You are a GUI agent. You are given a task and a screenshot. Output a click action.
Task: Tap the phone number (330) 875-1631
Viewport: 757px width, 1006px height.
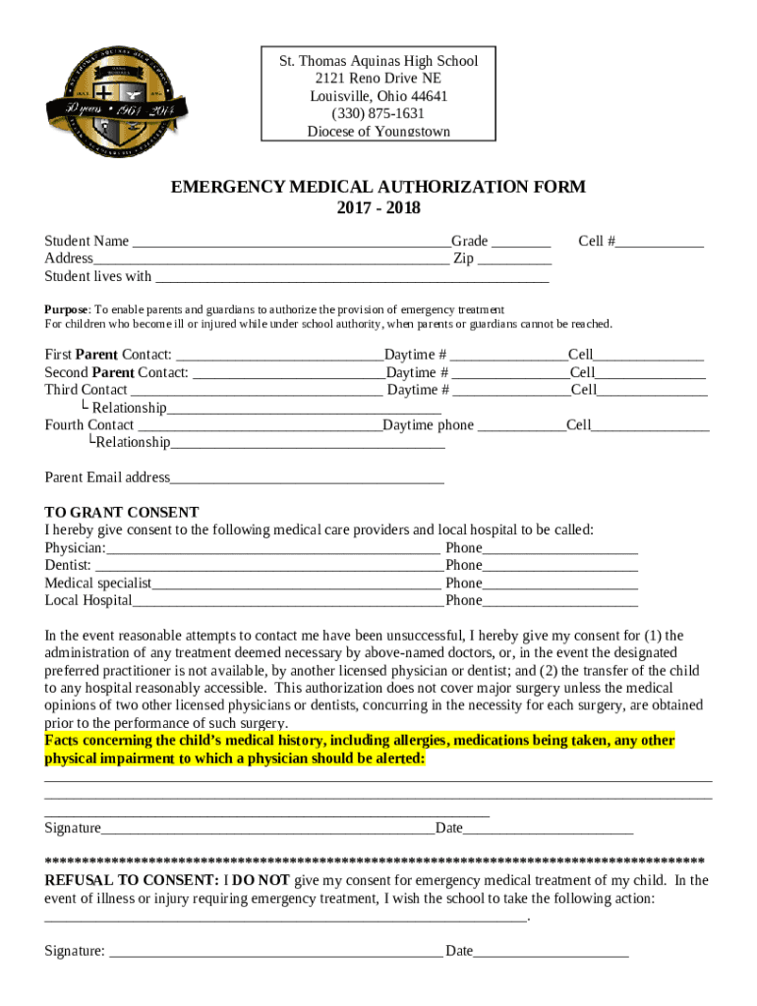378,114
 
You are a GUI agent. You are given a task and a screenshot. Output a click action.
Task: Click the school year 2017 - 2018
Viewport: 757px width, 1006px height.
378,207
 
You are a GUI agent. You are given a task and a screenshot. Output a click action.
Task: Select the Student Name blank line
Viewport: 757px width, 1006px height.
290,243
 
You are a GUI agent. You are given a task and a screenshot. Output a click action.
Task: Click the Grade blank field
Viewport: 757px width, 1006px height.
520,243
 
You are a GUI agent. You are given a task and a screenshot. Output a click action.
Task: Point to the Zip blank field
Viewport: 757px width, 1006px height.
515,260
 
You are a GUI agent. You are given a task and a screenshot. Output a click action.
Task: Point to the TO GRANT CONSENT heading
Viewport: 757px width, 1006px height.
122,513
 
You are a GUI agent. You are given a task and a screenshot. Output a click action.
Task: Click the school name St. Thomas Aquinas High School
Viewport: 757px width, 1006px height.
378,61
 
